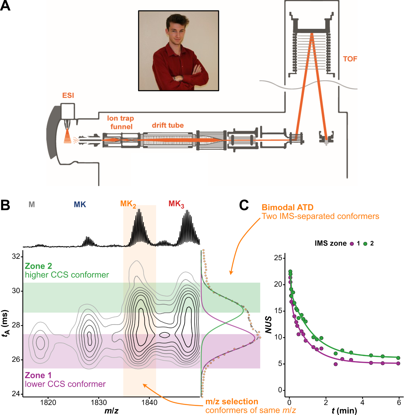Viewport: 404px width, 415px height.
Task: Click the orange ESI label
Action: (x=68, y=95)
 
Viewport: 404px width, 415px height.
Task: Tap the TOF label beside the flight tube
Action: (x=350, y=59)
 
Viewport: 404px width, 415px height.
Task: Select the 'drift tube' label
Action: (x=168, y=125)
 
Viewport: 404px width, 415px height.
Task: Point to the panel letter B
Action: (x=5, y=205)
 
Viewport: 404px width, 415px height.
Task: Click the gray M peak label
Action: (x=32, y=204)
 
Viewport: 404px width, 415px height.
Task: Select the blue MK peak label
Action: (x=80, y=204)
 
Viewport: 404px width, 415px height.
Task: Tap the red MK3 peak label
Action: (x=176, y=204)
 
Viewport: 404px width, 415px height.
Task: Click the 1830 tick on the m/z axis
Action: (x=99, y=402)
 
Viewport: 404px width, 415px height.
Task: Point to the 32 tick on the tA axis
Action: (x=16, y=256)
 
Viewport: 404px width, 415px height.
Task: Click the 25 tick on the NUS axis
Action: (x=278, y=258)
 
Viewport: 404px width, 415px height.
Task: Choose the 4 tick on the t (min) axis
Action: (x=362, y=402)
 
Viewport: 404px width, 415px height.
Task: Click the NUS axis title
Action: (x=268, y=325)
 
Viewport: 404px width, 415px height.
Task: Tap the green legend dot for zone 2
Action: (x=365, y=244)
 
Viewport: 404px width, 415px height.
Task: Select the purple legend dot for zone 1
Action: (x=352, y=244)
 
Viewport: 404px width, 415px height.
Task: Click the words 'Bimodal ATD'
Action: (x=287, y=208)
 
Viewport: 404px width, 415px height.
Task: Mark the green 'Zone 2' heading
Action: (x=38, y=266)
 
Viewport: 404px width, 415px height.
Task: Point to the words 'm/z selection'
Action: (x=232, y=401)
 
